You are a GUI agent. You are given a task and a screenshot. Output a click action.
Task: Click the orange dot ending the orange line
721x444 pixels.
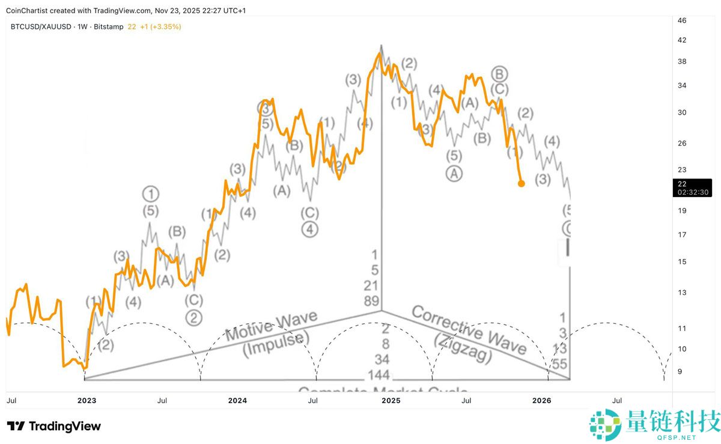point(521,183)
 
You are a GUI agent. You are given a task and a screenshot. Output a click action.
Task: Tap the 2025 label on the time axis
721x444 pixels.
point(391,400)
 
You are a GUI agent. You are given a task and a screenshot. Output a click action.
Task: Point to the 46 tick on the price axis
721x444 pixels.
point(682,20)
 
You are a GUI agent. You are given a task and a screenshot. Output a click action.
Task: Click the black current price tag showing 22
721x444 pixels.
point(694,188)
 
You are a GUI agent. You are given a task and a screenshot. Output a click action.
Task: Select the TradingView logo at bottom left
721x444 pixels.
point(54,427)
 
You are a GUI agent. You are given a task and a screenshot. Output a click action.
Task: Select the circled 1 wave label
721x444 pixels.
point(151,194)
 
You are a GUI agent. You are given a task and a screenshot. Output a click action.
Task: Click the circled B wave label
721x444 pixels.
point(500,74)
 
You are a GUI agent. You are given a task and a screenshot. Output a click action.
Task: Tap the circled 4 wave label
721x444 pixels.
point(310,230)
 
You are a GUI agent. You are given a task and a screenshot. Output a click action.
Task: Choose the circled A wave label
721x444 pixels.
point(454,174)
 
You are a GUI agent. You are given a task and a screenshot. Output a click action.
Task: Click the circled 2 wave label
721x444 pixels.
point(193,317)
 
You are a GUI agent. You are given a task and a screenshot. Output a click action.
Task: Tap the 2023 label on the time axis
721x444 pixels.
point(87,400)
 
